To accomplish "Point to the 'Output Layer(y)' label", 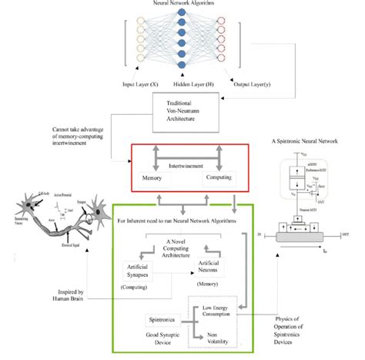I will [230, 82].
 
